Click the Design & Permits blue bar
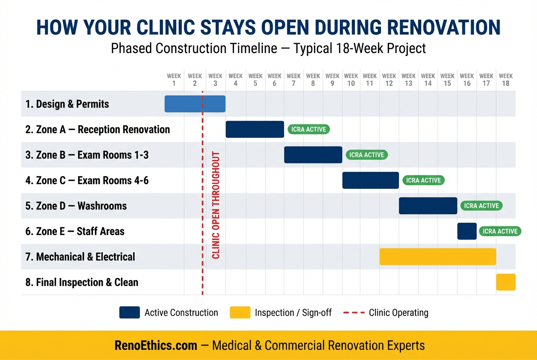pyautogui.click(x=195, y=104)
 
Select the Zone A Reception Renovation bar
pyautogui.click(x=254, y=129)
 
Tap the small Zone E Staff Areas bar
pyautogui.click(x=466, y=231)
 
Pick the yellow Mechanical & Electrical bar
pyautogui.click(x=438, y=257)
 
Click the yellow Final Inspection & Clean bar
pyautogui.click(x=506, y=282)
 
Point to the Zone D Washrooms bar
pyautogui.click(x=428, y=206)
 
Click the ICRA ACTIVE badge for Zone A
pyautogui.click(x=308, y=129)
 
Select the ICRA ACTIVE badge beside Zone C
pyautogui.click(x=423, y=180)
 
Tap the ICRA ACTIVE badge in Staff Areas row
pyautogui.click(x=500, y=231)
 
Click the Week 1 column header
pyautogui.click(x=174, y=80)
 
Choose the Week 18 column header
pyautogui.click(x=506, y=80)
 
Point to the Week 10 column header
pyautogui.click(x=351, y=80)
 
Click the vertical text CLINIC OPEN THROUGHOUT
pyautogui.click(x=215, y=205)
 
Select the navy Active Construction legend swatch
pyautogui.click(x=130, y=313)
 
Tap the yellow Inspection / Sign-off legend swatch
pyautogui.click(x=240, y=313)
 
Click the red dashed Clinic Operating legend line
pyautogui.click(x=353, y=313)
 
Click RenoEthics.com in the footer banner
pyautogui.click(x=156, y=346)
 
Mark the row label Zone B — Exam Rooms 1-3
pyautogui.click(x=87, y=155)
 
